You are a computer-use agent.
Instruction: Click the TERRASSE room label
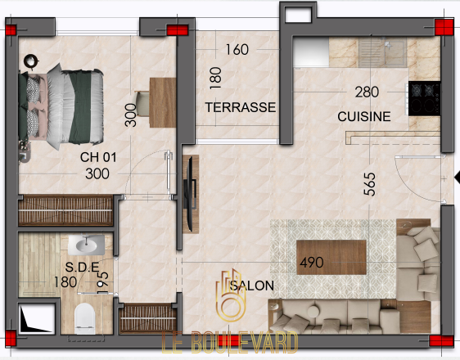click(241, 107)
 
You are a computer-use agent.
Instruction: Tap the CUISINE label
click(364, 116)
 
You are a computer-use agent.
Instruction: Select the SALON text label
click(252, 286)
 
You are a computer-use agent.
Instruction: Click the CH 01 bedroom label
click(98, 157)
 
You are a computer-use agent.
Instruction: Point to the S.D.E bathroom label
click(82, 267)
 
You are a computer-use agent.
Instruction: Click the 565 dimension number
click(370, 184)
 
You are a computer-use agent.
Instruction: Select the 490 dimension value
click(312, 262)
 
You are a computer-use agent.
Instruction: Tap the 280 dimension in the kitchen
click(367, 92)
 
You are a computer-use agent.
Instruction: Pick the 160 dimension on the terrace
click(237, 50)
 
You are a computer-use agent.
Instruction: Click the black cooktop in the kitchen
click(425, 98)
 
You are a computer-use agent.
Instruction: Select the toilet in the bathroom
click(85, 318)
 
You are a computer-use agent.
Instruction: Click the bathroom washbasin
click(86, 245)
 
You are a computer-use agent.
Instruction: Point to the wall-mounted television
click(190, 194)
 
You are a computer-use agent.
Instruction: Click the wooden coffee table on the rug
click(331, 257)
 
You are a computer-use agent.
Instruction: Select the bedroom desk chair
click(142, 103)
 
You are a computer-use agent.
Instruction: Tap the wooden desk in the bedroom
click(163, 102)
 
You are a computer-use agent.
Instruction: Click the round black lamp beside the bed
click(31, 61)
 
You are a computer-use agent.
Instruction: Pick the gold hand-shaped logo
click(231, 295)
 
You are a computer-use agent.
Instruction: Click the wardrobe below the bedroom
click(65, 210)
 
